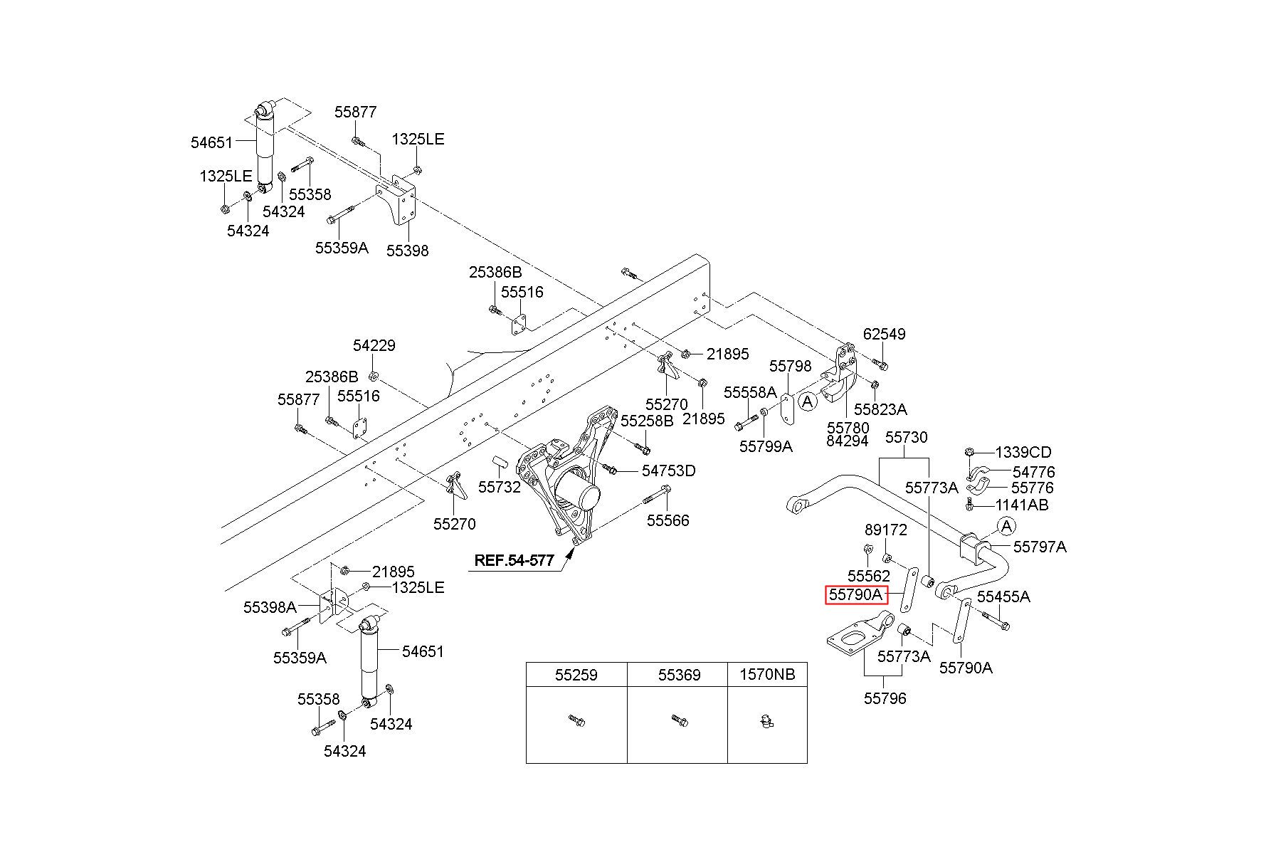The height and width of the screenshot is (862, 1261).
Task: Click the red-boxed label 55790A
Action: (x=857, y=594)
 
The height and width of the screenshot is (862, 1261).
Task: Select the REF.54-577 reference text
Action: (x=514, y=560)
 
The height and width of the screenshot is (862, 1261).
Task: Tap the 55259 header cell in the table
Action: (x=576, y=674)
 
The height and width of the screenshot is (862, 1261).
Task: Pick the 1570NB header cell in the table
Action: (x=767, y=674)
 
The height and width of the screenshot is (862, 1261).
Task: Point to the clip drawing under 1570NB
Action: (x=766, y=722)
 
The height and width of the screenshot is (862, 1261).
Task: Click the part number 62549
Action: (x=884, y=334)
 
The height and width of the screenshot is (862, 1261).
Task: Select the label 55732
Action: (x=500, y=487)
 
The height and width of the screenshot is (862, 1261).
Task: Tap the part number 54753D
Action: (x=668, y=471)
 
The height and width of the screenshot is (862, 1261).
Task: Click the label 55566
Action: (x=668, y=520)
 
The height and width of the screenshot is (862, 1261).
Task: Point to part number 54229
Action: (x=374, y=345)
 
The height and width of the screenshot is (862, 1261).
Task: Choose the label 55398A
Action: (x=270, y=607)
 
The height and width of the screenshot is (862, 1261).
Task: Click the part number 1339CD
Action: (x=1023, y=452)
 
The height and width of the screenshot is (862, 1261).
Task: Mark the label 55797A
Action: (x=1040, y=547)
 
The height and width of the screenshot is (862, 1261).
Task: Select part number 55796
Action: (x=885, y=698)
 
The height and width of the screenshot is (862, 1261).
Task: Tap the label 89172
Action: (x=886, y=530)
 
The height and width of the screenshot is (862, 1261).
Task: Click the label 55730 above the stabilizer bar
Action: (x=906, y=437)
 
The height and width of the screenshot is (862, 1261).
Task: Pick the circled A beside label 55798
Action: (x=808, y=401)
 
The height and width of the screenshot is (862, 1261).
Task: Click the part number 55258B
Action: (x=647, y=421)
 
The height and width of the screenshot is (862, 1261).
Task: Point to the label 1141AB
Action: (x=1022, y=505)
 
